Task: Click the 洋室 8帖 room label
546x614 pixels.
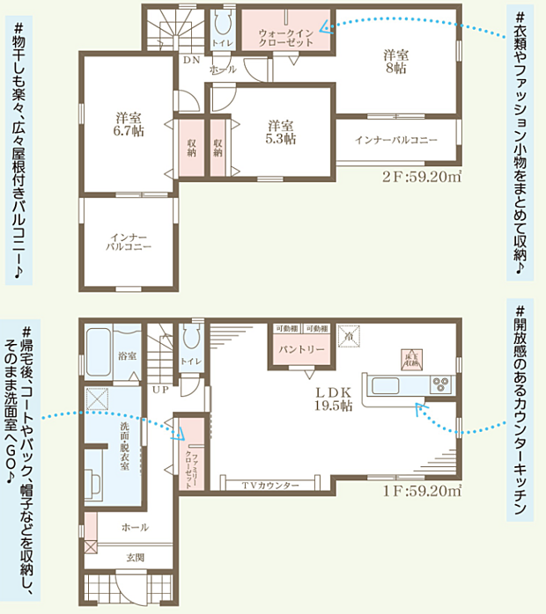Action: coord(395,61)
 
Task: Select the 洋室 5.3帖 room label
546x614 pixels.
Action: coord(282,132)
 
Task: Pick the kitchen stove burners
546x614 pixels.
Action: coord(439,385)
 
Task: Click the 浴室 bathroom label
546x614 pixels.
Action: coord(128,355)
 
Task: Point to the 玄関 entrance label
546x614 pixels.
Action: coord(135,556)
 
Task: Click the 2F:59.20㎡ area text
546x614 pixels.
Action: coord(422,177)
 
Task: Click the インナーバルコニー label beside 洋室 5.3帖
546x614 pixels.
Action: coord(396,140)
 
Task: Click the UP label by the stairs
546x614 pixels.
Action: coord(161,388)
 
